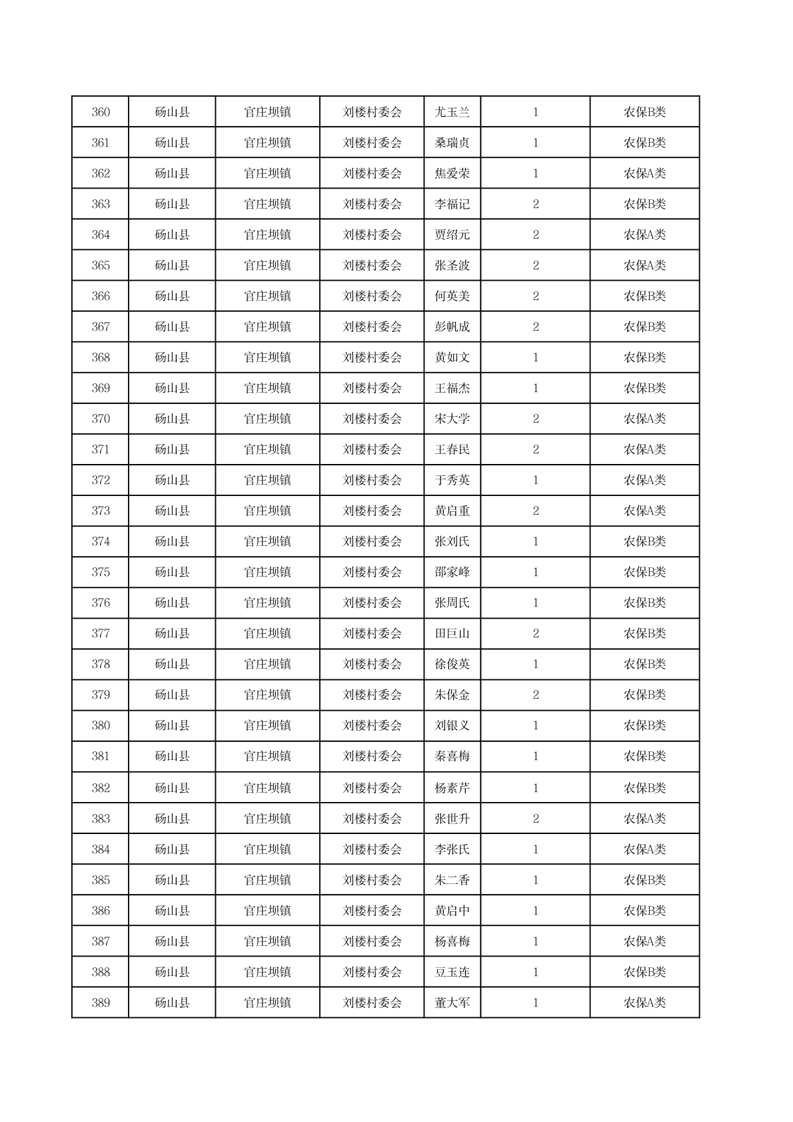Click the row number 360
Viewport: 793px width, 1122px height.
101,112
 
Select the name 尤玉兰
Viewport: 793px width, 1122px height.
452,112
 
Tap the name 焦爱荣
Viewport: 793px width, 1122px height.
452,173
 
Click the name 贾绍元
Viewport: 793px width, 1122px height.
452,235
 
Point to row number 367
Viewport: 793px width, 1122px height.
101,327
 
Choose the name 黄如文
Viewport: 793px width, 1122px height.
452,357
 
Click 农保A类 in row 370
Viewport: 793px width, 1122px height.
644,419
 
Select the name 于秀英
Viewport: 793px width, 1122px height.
452,480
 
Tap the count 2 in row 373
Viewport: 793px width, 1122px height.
535,511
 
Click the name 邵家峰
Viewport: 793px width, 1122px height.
452,572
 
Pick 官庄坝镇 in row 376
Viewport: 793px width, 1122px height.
267,603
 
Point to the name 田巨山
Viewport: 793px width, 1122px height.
452,633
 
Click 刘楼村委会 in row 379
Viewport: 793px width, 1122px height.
372,695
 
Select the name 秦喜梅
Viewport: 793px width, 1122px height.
452,756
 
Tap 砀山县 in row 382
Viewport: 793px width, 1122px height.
172,788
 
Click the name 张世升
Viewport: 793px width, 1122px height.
452,819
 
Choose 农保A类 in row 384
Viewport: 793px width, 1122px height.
644,849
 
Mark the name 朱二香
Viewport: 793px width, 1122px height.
452,880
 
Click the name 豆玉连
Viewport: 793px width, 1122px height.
452,972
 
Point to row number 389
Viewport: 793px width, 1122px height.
101,1003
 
